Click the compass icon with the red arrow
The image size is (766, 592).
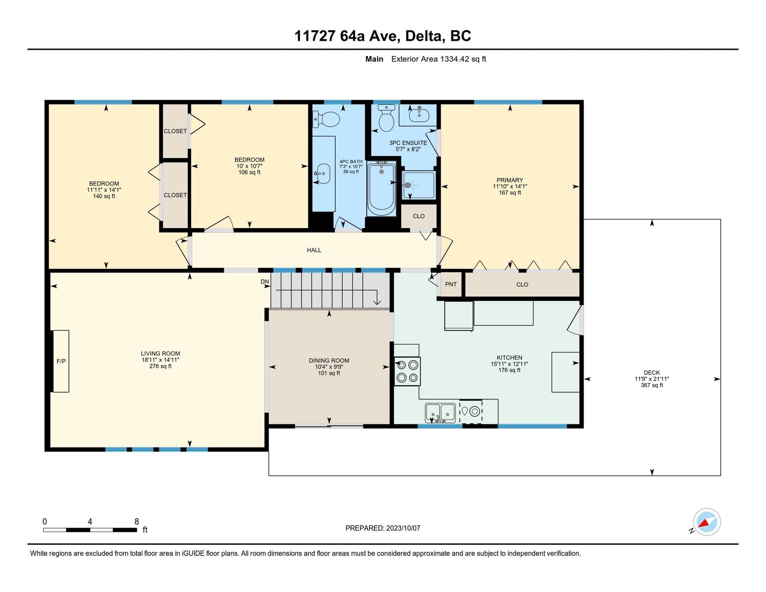pos(707,522)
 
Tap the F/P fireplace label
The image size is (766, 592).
pos(61,361)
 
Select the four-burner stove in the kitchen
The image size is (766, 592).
pos(407,371)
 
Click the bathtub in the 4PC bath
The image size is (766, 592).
pos(382,189)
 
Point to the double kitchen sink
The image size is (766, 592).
pos(440,412)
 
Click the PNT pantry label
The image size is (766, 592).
pos(451,284)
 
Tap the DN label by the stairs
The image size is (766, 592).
pos(265,282)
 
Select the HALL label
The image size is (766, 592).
pos(314,250)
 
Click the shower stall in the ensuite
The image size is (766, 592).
pos(419,185)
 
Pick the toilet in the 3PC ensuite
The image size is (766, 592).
pos(386,118)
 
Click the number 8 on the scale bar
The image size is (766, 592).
pos(137,521)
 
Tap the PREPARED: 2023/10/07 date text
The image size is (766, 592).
pos(383,528)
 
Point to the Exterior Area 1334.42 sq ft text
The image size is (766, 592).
pos(439,59)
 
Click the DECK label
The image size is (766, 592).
pos(652,372)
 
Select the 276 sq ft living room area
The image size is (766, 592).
pos(160,366)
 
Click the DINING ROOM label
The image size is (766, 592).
pos(329,360)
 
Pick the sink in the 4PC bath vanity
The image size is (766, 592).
pos(322,173)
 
